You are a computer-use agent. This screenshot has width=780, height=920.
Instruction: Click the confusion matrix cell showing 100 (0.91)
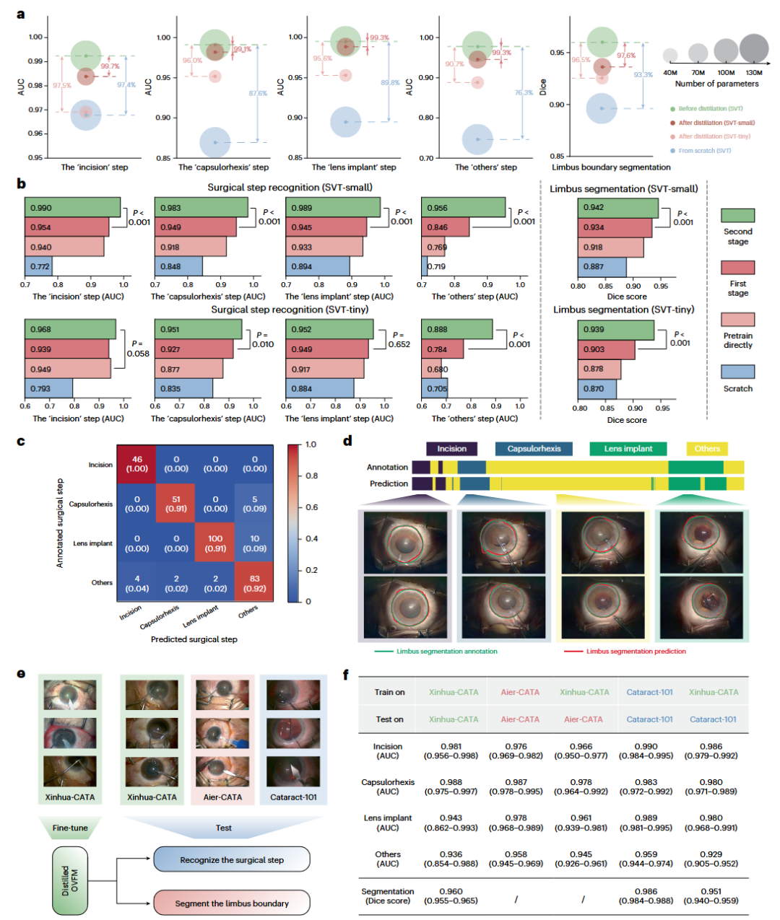[x=215, y=543]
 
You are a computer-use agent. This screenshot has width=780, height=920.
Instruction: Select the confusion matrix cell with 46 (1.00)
[x=137, y=464]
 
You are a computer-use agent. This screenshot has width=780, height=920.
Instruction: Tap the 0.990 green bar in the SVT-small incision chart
[x=72, y=207]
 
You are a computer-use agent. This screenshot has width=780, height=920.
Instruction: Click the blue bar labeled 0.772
[x=39, y=266]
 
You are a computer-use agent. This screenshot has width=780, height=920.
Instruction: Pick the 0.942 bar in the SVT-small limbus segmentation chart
[x=618, y=207]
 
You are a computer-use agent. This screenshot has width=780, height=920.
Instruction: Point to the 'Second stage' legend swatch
[x=737, y=215]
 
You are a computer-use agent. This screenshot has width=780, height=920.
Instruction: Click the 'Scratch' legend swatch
[x=737, y=372]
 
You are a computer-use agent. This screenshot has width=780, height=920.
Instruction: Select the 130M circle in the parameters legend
[x=754, y=49]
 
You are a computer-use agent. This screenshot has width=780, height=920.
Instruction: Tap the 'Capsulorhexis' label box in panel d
[x=534, y=449]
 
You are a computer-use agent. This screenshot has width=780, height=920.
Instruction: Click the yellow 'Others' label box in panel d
[x=707, y=449]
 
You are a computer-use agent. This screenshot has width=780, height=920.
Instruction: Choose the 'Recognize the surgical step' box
[x=232, y=859]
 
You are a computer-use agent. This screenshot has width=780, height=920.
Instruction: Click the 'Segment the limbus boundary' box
[x=232, y=903]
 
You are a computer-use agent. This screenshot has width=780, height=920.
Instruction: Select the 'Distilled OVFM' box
[x=70, y=881]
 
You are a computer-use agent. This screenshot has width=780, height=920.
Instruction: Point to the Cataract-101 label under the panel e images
[x=293, y=797]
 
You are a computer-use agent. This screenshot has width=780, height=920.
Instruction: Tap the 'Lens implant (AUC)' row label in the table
[x=388, y=823]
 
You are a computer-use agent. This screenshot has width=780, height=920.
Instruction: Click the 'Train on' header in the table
[x=389, y=692]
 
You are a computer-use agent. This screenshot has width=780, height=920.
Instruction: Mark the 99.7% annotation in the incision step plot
[x=110, y=66]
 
